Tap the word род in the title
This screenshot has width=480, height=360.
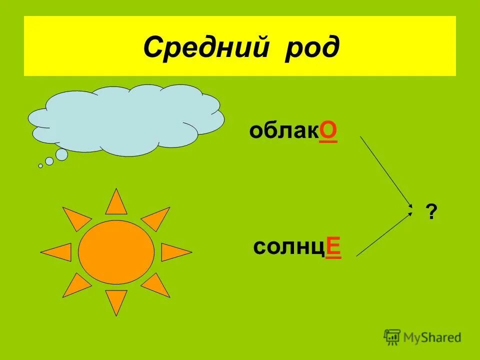312,48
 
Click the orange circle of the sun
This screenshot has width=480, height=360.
116,252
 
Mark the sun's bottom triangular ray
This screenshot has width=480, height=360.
116,302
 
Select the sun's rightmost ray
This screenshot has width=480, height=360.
174,252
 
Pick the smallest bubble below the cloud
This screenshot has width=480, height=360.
40,165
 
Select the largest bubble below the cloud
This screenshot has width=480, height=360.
61,155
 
